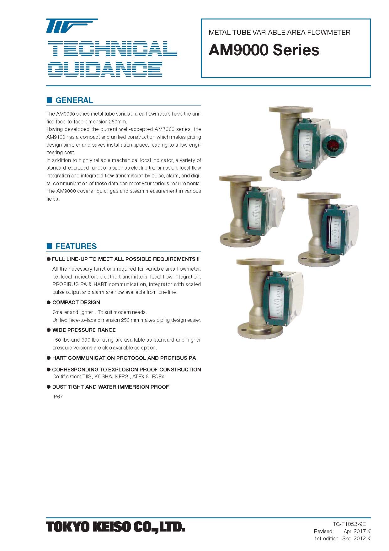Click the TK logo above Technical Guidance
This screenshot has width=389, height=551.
point(72,26)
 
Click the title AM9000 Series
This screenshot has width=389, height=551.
point(264,50)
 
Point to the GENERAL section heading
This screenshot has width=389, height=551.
point(74,100)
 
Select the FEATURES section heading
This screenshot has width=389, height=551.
point(76,246)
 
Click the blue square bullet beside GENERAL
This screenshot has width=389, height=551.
point(49,100)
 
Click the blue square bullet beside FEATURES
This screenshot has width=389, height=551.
point(49,246)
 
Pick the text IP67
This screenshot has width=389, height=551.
point(57,397)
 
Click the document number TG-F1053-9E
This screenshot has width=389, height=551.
point(349,524)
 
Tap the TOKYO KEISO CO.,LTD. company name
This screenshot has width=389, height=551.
point(116,527)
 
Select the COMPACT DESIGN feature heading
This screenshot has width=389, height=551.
point(76,302)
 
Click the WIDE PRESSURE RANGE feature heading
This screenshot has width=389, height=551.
point(84,330)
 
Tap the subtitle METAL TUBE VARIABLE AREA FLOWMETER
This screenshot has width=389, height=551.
point(280,32)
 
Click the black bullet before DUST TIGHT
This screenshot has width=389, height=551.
point(49,387)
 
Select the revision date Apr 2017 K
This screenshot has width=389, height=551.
point(357,531)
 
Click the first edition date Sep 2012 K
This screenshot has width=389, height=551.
point(356,538)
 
